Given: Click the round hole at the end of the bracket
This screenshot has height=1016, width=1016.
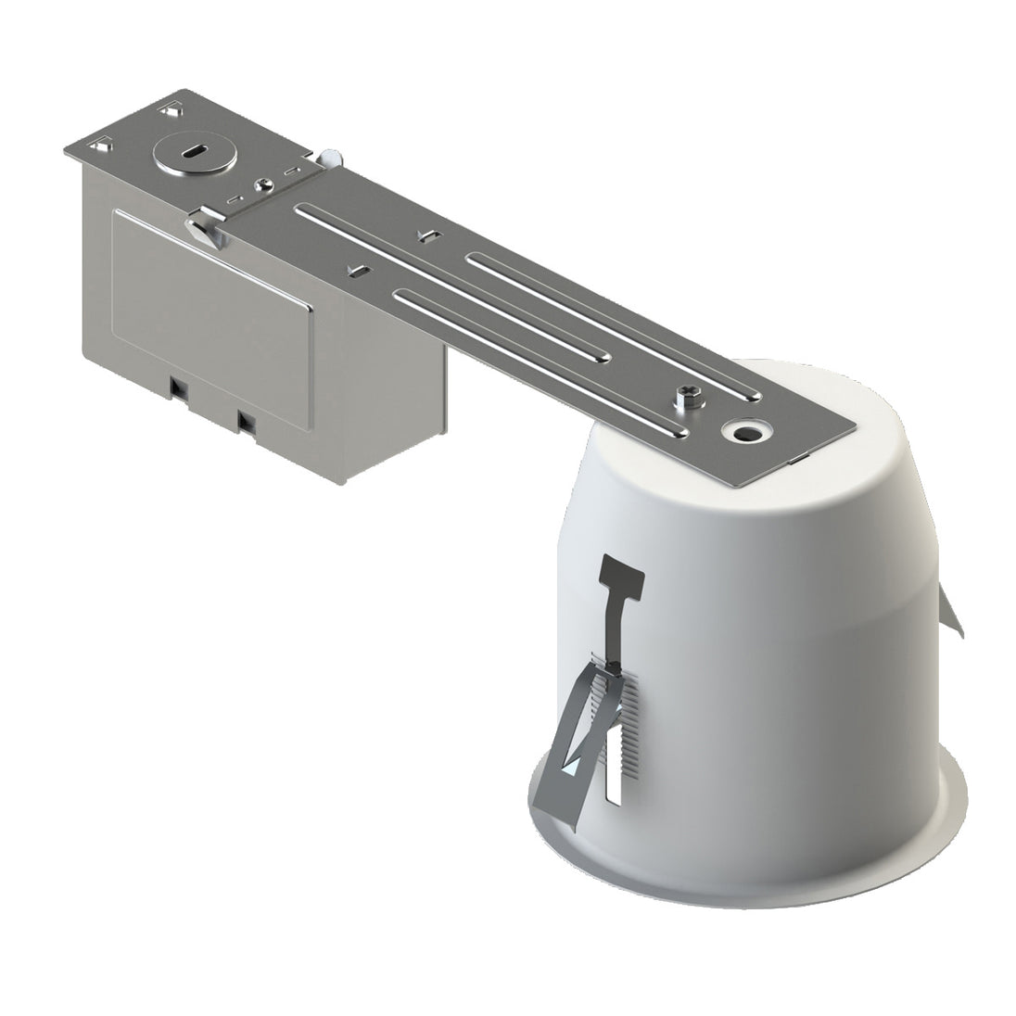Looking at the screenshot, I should [x=742, y=432].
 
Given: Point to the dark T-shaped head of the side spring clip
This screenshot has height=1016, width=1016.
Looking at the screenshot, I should [x=623, y=575].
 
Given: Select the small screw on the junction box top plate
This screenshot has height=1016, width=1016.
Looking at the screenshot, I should [x=265, y=184].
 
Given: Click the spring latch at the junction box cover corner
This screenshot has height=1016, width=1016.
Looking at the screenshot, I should [x=208, y=227].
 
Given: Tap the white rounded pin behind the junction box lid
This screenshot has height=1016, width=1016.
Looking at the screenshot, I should [x=332, y=157].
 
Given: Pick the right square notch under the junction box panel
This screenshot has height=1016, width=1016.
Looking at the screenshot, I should [x=246, y=421].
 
